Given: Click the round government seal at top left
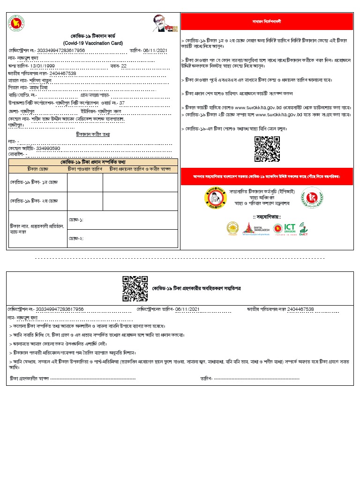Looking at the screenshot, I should (17, 23).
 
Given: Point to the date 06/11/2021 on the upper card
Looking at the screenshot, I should (155, 50).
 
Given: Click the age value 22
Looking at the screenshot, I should (124, 66).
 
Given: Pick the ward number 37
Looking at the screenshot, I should (122, 103).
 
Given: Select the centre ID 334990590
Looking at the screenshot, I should (48, 148).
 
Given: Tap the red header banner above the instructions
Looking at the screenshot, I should (267, 22).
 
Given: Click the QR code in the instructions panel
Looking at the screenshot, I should (267, 149).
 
